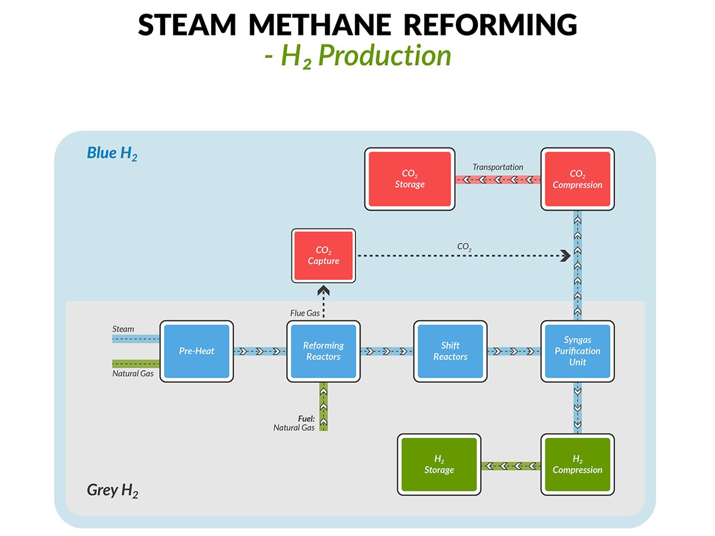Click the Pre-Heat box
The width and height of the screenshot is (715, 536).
(197, 351)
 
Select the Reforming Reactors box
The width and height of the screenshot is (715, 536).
(323, 351)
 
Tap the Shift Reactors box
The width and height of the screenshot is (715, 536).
(450, 351)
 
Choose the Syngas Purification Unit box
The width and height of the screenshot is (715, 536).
(577, 351)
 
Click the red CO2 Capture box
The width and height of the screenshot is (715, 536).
(323, 256)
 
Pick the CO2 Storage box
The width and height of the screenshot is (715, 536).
(410, 179)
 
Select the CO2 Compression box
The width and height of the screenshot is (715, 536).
(577, 179)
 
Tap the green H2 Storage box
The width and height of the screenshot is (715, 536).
(439, 464)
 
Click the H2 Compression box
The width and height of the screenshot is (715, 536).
(577, 464)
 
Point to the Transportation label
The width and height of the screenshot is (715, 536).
(498, 167)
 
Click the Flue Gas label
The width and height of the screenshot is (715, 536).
(305, 313)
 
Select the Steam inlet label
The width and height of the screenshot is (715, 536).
(123, 329)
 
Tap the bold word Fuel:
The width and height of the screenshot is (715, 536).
(306, 419)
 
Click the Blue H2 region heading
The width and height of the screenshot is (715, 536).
(112, 153)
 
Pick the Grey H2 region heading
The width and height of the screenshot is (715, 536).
(112, 490)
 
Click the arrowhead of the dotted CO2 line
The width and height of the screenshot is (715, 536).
(565, 256)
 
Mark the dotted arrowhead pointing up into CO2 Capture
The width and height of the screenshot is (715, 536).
(323, 291)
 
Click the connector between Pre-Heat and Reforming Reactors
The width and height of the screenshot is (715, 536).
(260, 351)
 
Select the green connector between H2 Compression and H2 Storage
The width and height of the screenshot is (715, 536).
(510, 466)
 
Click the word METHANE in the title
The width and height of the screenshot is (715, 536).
(319, 25)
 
